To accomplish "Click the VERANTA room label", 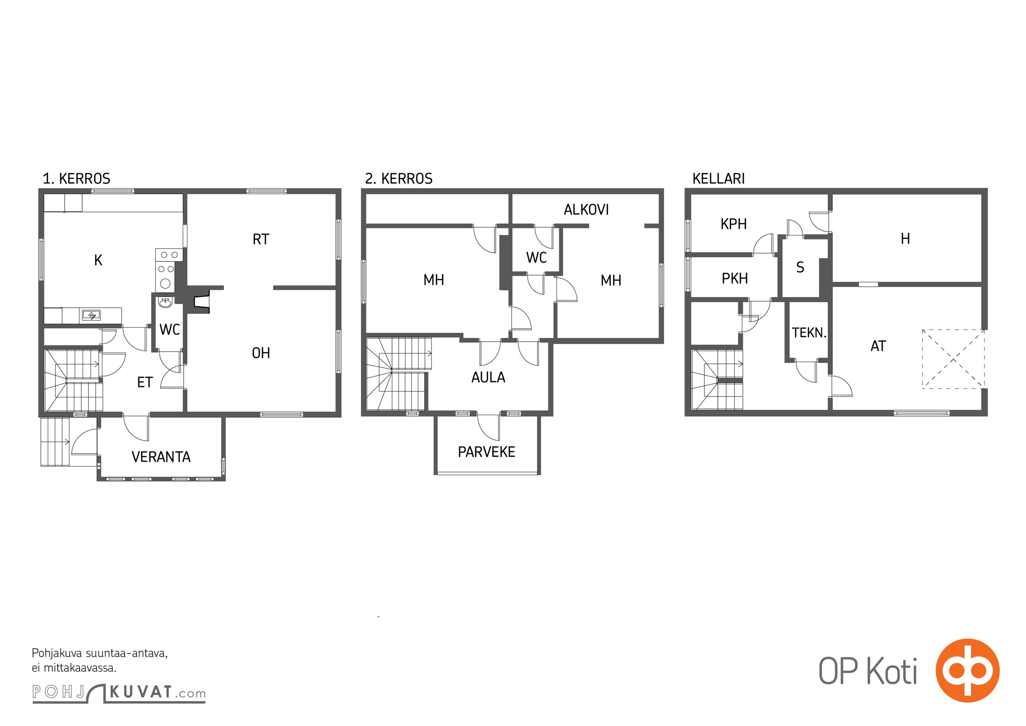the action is pyautogui.click(x=161, y=456).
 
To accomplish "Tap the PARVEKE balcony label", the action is pyautogui.click(x=486, y=452).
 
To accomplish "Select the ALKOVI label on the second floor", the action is pyautogui.click(x=586, y=210).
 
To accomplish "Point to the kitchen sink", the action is pyautogui.click(x=91, y=314).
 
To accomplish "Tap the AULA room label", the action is pyautogui.click(x=488, y=377).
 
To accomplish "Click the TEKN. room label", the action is pyautogui.click(x=809, y=333).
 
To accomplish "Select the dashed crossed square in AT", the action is pyautogui.click(x=953, y=359).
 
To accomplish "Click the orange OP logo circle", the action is pyautogui.click(x=967, y=670).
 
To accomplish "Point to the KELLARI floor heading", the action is pyautogui.click(x=718, y=179).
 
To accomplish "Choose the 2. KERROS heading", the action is pyautogui.click(x=399, y=179).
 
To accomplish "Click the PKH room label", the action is pyautogui.click(x=735, y=278).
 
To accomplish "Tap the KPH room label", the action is pyautogui.click(x=733, y=224).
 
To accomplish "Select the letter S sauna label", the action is pyautogui.click(x=800, y=267).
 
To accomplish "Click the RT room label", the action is pyautogui.click(x=261, y=239).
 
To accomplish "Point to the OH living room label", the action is pyautogui.click(x=261, y=353).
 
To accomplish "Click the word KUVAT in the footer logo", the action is pyautogui.click(x=141, y=692).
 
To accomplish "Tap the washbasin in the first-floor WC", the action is pyautogui.click(x=165, y=302).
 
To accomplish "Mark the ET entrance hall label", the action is pyautogui.click(x=145, y=383).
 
